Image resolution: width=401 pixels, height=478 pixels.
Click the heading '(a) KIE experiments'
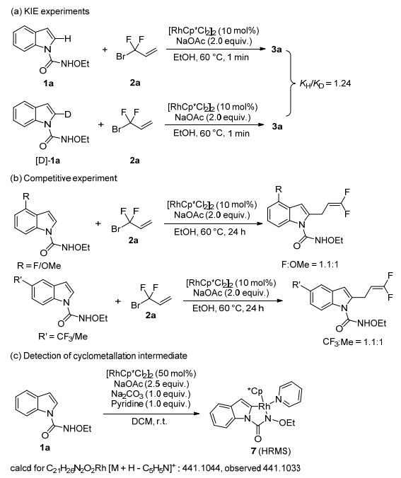tap(50, 11)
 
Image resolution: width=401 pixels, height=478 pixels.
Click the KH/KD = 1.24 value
tap(325, 83)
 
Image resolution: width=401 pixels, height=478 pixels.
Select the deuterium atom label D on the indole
tap(68, 115)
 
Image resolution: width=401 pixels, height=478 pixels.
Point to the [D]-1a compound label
tap(47, 161)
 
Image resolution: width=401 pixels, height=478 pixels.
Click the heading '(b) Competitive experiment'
tap(64, 178)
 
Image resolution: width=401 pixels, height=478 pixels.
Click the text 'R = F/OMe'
tap(39, 266)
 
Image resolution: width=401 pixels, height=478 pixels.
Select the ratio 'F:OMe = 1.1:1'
tap(310, 264)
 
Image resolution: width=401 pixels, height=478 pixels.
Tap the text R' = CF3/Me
tap(63, 337)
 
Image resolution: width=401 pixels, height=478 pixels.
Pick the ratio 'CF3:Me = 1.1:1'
tap(353, 342)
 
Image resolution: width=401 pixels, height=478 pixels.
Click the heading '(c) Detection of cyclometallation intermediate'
tap(98, 356)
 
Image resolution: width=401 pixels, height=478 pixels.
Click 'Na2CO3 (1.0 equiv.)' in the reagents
tap(151, 394)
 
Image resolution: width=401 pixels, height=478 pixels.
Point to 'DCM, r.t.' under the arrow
tap(149, 421)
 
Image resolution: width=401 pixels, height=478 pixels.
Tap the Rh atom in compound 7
tap(264, 407)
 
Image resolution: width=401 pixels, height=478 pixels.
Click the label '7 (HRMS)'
tap(271, 450)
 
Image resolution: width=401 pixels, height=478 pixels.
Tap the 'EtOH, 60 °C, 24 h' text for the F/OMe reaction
tap(209, 232)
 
